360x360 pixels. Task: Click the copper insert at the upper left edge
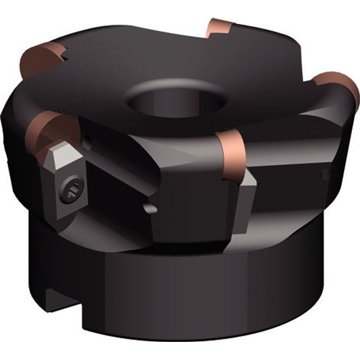40,59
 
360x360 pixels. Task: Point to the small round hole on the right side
325,174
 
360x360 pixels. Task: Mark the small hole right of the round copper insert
88,143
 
